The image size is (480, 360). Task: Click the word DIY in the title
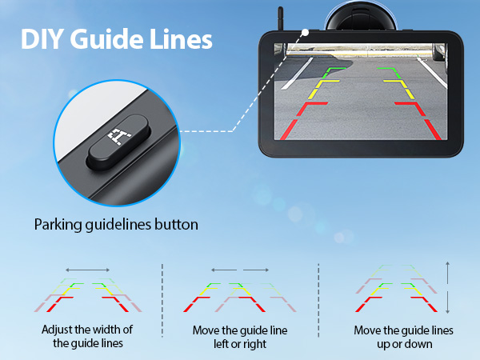[41, 39]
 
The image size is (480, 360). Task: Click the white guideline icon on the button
[118, 136]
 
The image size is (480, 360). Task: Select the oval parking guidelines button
[118, 142]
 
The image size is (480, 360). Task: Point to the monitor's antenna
[281, 18]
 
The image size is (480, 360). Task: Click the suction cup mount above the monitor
[362, 16]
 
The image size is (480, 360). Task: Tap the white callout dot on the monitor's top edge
[305, 33]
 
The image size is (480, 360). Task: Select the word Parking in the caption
[58, 225]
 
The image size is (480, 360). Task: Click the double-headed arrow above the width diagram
[87, 270]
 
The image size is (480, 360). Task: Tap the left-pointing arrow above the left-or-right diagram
[224, 270]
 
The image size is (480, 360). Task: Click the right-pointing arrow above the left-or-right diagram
[256, 270]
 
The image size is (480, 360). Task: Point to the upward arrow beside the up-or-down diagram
[447, 273]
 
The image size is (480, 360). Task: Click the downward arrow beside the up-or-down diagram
[447, 302]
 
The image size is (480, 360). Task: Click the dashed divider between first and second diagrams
[162, 300]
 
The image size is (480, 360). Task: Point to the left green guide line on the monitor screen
[333, 73]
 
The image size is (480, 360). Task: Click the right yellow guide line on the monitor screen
[400, 90]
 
